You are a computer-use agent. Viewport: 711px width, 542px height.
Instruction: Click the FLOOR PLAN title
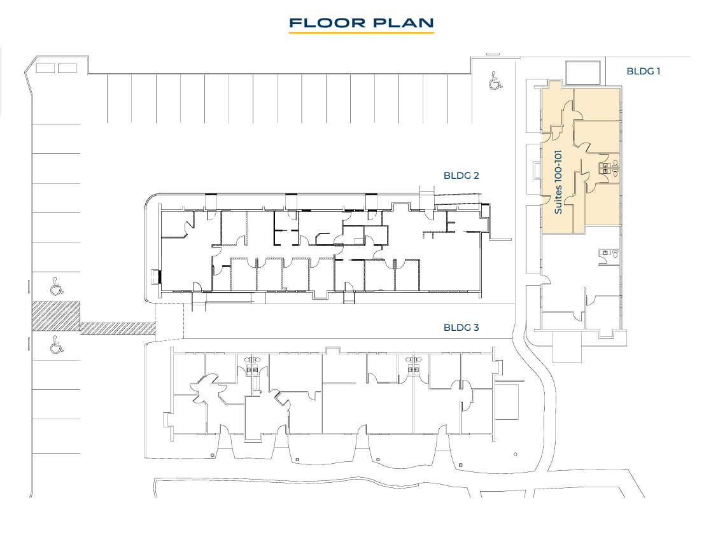362,23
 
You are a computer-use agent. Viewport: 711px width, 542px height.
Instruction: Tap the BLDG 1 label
643,71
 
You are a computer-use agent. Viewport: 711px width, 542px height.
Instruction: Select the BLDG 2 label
461,176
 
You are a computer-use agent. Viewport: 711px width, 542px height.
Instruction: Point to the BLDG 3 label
461,327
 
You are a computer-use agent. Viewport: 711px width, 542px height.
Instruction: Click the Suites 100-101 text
558,182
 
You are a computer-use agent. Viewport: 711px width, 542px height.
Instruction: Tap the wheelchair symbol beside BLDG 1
495,81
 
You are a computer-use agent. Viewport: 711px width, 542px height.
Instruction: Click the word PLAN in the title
404,23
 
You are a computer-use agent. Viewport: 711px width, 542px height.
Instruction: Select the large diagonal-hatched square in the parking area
56,316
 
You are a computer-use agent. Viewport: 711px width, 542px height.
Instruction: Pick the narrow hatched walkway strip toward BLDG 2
118,328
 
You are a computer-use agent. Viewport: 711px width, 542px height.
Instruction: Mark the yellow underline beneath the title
362,32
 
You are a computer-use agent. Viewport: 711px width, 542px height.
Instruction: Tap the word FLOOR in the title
327,23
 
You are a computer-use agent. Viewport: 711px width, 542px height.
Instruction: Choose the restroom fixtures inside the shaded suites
609,168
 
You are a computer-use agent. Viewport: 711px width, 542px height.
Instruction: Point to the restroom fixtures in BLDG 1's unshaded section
609,254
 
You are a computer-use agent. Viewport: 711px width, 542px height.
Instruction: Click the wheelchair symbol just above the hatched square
56,287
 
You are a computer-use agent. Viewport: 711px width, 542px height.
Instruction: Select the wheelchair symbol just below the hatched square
56,344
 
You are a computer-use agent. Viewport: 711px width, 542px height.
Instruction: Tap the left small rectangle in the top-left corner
45,68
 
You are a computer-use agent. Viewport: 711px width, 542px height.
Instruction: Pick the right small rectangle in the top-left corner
67,68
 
